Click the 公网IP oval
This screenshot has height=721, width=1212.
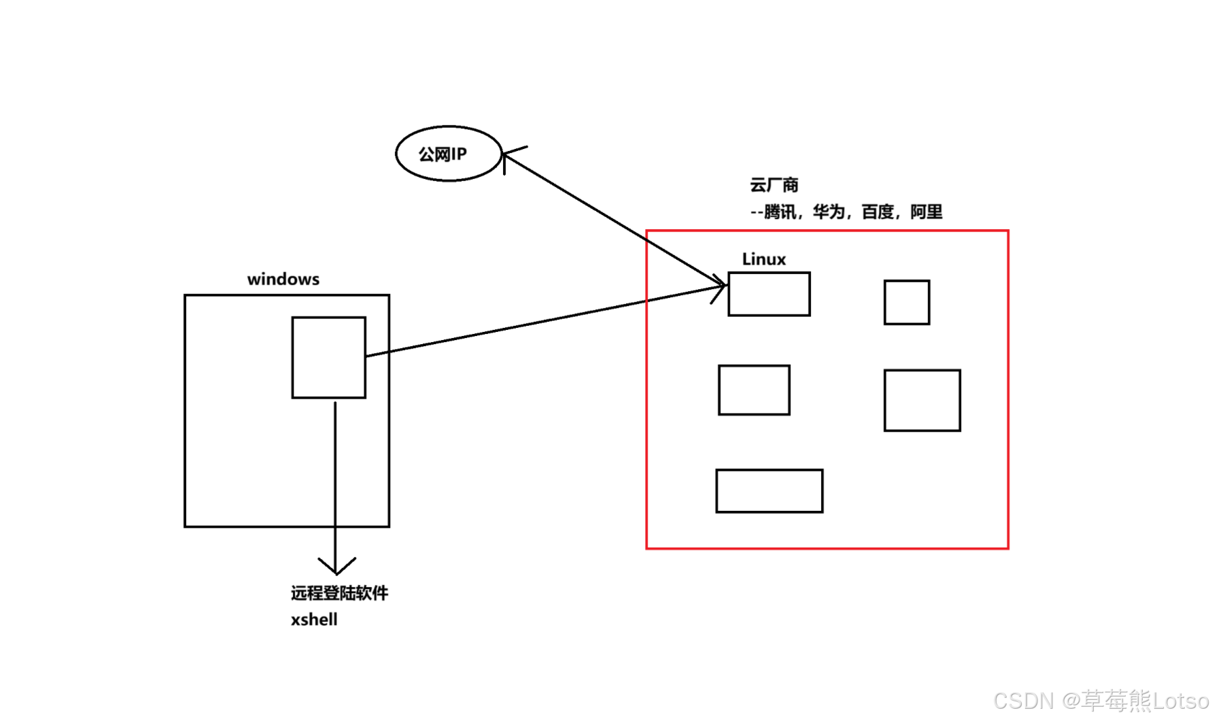(x=449, y=154)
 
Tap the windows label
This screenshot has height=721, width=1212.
(x=283, y=279)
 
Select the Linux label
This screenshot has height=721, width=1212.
(x=763, y=259)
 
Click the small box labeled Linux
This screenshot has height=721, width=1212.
(x=769, y=294)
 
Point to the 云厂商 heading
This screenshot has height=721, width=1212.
(x=774, y=185)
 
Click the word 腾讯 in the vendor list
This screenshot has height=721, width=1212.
(x=780, y=212)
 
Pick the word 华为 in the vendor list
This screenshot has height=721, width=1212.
(x=829, y=212)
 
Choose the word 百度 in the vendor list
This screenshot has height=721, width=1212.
(x=878, y=212)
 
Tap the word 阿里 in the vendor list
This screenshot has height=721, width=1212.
(x=927, y=212)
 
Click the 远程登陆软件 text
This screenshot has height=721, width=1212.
(x=339, y=593)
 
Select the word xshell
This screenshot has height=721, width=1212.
(x=314, y=620)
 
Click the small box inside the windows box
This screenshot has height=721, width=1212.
(x=329, y=357)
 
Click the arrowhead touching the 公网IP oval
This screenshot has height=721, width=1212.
(x=508, y=156)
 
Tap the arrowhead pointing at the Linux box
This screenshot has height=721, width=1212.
(x=721, y=285)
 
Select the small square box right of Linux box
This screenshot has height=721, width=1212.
(x=907, y=302)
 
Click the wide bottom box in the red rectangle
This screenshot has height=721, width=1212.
(x=769, y=490)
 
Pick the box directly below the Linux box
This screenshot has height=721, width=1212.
(x=754, y=390)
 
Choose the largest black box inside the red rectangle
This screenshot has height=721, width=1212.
(x=922, y=400)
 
